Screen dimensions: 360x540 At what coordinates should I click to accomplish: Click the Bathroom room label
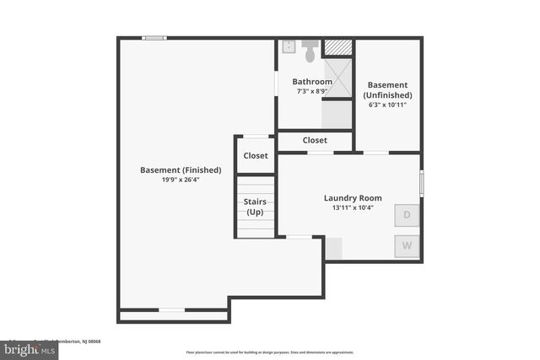pyautogui.click(x=313, y=82)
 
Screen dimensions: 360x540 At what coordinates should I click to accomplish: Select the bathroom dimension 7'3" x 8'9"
pyautogui.click(x=313, y=91)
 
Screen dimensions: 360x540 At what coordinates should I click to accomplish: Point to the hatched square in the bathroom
pyautogui.click(x=337, y=47)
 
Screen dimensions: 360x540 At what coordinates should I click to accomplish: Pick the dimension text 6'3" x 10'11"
pyautogui.click(x=388, y=105)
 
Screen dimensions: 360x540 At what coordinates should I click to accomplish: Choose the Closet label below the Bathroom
pyautogui.click(x=315, y=140)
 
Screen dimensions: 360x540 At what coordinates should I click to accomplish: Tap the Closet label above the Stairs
pyautogui.click(x=256, y=155)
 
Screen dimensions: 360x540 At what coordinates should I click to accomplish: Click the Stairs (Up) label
pyautogui.click(x=255, y=207)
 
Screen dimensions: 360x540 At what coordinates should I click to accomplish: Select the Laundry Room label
pyautogui.click(x=348, y=198)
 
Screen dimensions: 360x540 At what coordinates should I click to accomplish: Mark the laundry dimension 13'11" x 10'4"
pyautogui.click(x=348, y=207)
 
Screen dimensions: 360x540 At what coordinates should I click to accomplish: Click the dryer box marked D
pyautogui.click(x=407, y=215)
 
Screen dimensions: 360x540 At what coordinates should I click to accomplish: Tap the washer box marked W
pyautogui.click(x=407, y=246)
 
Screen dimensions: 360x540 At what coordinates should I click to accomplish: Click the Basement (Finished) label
pyautogui.click(x=181, y=169)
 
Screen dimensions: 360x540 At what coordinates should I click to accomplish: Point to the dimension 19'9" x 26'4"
pyautogui.click(x=181, y=180)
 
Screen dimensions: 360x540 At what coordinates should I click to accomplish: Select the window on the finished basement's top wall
pyautogui.click(x=154, y=37)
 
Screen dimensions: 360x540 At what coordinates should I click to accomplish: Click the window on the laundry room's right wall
pyautogui.click(x=421, y=182)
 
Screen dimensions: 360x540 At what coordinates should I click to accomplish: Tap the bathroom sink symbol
pyautogui.click(x=288, y=46)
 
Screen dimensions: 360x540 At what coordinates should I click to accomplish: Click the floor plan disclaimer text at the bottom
pyautogui.click(x=270, y=352)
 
